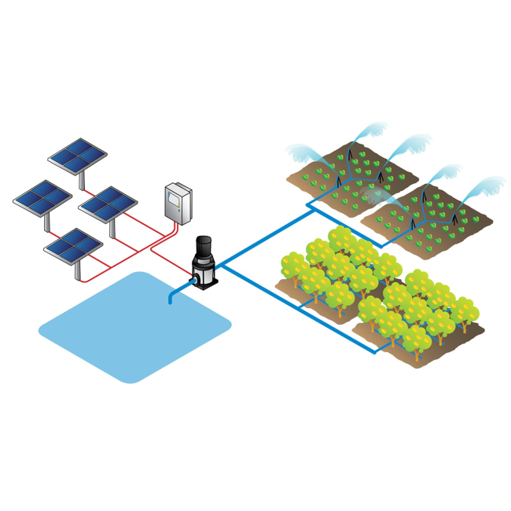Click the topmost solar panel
pos(77,154)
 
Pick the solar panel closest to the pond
pos(74,244)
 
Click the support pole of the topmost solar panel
pos(83,179)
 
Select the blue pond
pos(134,326)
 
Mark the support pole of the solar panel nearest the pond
pos(78,269)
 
